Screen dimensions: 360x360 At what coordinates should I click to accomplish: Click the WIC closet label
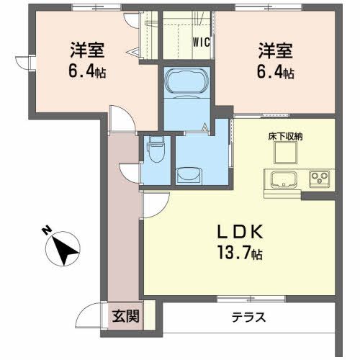[x=201, y=41]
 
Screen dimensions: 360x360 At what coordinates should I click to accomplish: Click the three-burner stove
[x=319, y=177]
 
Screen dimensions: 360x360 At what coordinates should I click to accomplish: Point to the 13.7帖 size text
[x=238, y=253]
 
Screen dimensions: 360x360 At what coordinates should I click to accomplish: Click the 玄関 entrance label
[x=125, y=315]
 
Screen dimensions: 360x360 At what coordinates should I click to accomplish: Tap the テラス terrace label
[x=248, y=317]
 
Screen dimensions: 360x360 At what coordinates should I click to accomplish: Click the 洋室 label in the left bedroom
[x=88, y=51]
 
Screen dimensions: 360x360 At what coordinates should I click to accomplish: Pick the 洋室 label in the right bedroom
[x=276, y=51]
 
